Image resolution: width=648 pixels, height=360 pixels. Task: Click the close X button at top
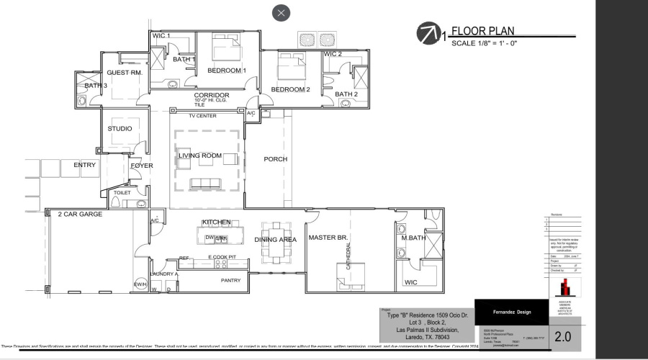[x=281, y=12]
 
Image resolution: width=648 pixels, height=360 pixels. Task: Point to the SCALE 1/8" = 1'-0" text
[x=485, y=44]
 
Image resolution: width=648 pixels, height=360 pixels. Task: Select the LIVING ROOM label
[x=200, y=156]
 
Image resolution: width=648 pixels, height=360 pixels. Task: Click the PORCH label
[x=275, y=159]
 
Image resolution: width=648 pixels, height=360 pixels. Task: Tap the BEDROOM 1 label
[x=227, y=71]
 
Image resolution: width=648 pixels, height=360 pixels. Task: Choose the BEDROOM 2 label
[x=290, y=89]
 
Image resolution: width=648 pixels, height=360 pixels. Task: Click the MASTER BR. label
[x=328, y=238]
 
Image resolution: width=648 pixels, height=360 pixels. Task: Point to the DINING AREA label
[x=275, y=240]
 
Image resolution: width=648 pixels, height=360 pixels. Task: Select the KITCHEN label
[x=216, y=222]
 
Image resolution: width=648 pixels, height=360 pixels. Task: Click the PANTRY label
[x=230, y=281]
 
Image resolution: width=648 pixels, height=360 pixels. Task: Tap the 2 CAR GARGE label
[x=80, y=214]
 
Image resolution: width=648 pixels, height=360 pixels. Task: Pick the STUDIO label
[x=120, y=129]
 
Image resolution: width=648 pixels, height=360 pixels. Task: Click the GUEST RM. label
[x=125, y=73]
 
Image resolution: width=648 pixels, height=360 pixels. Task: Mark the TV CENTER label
[x=202, y=116]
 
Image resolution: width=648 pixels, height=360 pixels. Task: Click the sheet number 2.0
[x=562, y=336]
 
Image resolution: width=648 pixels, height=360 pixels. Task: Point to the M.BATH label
[x=415, y=238]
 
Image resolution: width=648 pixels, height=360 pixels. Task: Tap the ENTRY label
[x=84, y=165]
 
